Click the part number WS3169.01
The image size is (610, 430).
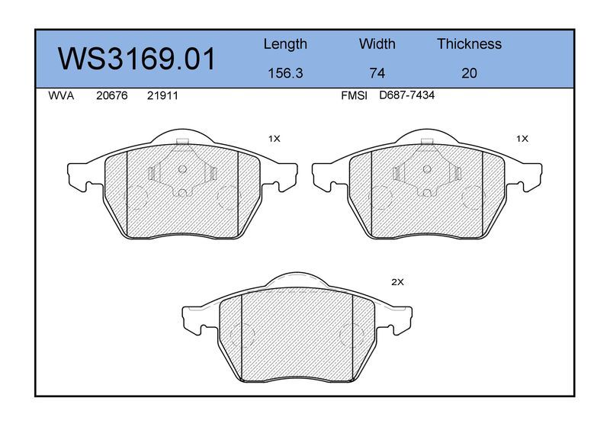click(x=136, y=59)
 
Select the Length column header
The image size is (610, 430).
click(x=285, y=44)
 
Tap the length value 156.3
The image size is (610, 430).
click(x=285, y=73)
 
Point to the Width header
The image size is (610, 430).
click(x=377, y=43)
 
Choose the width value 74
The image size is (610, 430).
click(x=377, y=73)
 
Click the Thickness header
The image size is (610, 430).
click(x=469, y=43)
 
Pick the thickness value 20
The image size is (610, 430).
click(x=469, y=73)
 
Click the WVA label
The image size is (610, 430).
click(x=61, y=96)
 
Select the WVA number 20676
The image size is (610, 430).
click(x=111, y=96)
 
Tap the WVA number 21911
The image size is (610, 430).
click(x=162, y=96)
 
